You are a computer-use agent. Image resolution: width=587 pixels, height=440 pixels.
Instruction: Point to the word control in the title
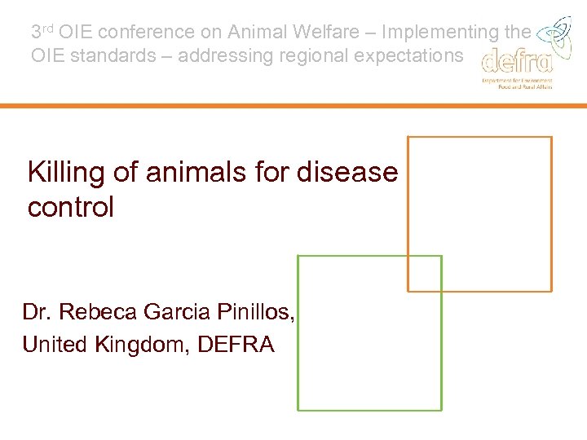[71, 207]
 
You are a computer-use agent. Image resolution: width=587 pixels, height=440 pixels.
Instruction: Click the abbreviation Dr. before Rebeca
[38, 312]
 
